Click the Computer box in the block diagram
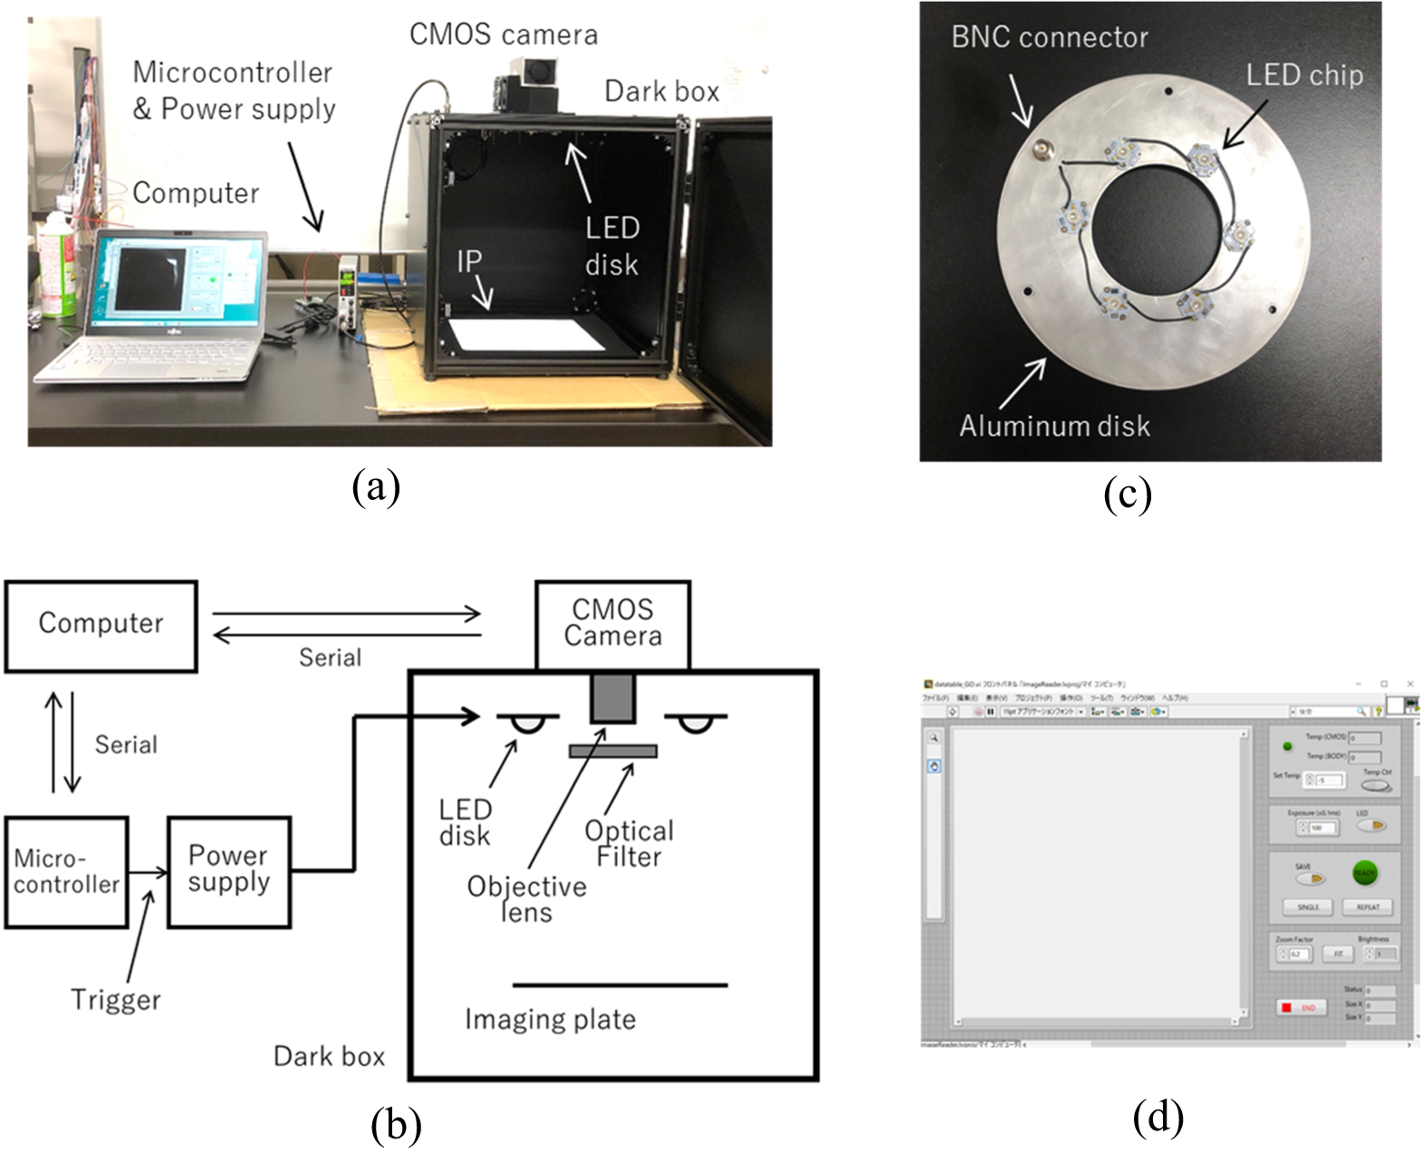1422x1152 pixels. (101, 626)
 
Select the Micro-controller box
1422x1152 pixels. (66, 872)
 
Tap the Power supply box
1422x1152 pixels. (229, 871)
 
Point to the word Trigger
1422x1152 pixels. (115, 1000)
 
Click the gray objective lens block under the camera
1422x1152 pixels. (612, 697)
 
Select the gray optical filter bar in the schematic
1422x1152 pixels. (612, 751)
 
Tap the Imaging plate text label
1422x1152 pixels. (550, 1020)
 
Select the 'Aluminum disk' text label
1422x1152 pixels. (1054, 426)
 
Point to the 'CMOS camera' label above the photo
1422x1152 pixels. (504, 34)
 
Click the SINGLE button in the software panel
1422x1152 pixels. (1308, 907)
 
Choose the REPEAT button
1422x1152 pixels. (1368, 907)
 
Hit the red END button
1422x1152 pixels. (1301, 1007)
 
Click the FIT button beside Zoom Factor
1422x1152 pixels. (1338, 954)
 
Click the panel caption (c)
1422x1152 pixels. (1128, 494)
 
